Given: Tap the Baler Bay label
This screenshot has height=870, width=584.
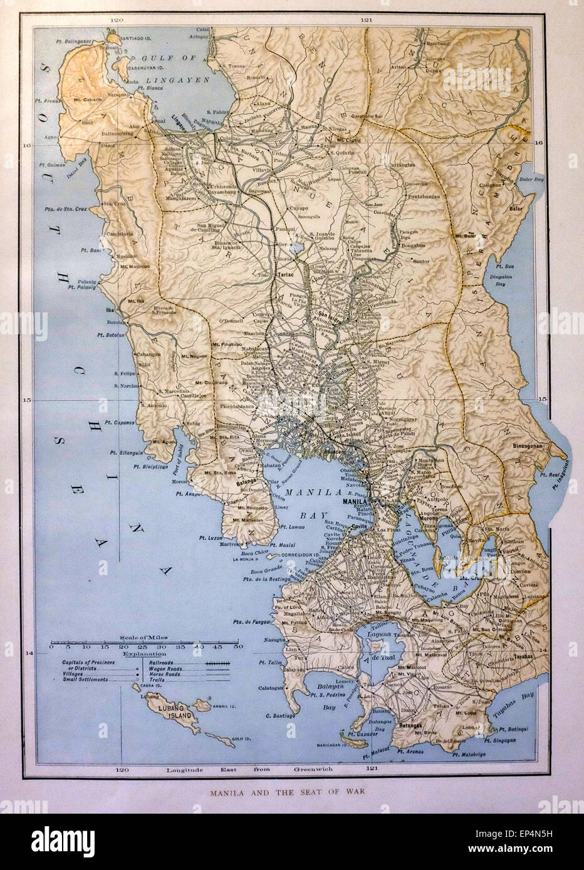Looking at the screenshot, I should [530, 179].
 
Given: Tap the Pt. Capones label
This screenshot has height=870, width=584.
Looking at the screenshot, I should [119, 423].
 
